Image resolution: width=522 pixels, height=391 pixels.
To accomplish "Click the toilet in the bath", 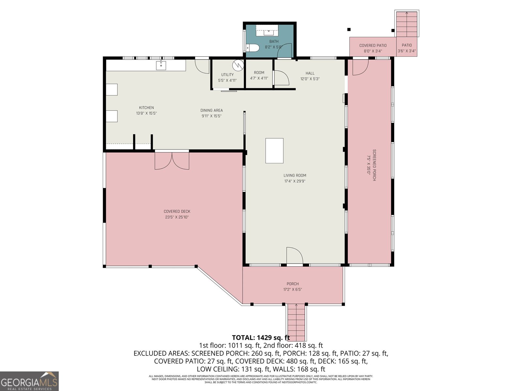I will pyautogui.click(x=252, y=48).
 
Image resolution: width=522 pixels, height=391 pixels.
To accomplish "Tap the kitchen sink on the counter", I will pyautogui.click(x=161, y=65).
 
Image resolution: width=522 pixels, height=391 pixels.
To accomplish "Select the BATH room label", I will pyautogui.click(x=274, y=41).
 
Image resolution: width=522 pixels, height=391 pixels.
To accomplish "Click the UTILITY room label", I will pyautogui.click(x=227, y=75).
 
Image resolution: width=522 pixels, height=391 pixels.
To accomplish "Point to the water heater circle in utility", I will pyautogui.click(x=238, y=65).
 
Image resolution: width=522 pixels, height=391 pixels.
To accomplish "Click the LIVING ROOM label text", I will pyautogui.click(x=295, y=175).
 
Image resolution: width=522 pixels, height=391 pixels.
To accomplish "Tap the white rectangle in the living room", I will pyautogui.click(x=274, y=151).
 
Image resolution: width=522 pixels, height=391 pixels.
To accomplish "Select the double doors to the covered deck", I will pyautogui.click(x=172, y=160).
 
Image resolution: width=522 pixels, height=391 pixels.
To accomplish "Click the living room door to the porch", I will pyautogui.click(x=294, y=256).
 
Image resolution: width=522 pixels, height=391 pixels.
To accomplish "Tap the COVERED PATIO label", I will pyautogui.click(x=373, y=46).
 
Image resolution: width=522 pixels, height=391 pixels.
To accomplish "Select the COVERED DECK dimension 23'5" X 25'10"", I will pyautogui.click(x=177, y=217).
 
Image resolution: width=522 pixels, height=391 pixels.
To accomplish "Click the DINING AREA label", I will pyautogui.click(x=211, y=110).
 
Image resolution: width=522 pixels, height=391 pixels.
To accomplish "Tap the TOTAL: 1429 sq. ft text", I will pyautogui.click(x=261, y=338).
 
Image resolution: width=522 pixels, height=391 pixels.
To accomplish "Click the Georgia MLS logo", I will pyautogui.click(x=29, y=381).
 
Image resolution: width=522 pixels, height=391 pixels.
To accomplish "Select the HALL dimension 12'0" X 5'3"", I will pyautogui.click(x=310, y=79).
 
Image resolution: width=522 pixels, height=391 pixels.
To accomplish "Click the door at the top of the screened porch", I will pyautogui.click(x=360, y=67).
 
